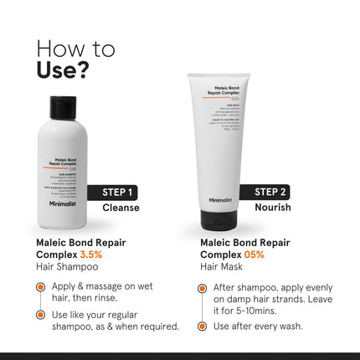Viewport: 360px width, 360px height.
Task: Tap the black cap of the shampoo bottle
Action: pos(64,107)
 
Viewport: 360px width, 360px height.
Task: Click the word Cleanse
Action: pos(121,208)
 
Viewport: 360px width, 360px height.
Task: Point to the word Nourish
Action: pos(272,208)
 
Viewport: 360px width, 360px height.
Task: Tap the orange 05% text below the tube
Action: pos(255,254)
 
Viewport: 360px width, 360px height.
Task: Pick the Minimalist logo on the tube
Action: pos(220,199)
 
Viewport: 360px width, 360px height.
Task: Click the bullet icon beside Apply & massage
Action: pos(40,286)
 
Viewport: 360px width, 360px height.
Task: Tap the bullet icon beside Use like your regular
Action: pos(40,315)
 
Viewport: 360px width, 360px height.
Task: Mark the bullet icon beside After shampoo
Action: pos(203,286)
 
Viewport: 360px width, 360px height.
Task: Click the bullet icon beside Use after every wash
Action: pos(203,327)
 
